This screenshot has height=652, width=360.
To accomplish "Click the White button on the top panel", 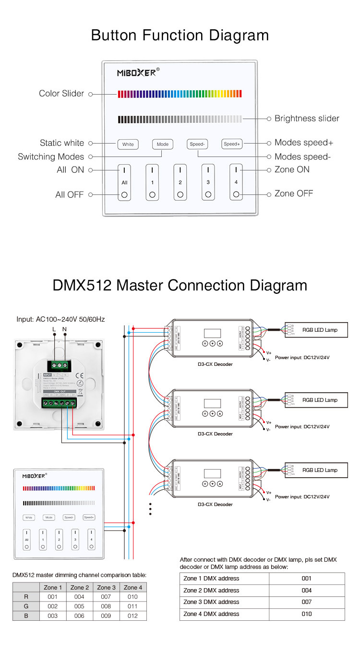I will tap(128, 144).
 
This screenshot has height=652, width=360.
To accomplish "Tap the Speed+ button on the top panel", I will tap(232, 144).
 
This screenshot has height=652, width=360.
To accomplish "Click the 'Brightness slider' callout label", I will tap(307, 118).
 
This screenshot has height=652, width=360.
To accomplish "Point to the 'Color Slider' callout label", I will tap(61, 94).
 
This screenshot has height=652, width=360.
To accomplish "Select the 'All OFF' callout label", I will tap(70, 194).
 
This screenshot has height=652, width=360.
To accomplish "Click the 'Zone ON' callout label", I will tap(292, 169).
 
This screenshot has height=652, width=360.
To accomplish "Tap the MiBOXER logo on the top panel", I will tap(137, 73).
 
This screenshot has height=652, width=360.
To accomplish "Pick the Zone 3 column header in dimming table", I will tap(107, 587).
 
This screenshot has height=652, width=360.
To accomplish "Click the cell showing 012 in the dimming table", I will tap(133, 616).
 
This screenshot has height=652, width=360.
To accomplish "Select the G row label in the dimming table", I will tap(26, 606).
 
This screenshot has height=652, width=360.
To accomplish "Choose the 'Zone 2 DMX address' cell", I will tap(211, 590).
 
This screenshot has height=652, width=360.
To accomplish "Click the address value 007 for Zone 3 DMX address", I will tap(307, 602).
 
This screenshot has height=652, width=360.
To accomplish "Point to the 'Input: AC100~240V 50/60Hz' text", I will tap(60, 319).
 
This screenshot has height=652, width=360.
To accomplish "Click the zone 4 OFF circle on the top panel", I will tap(236, 195).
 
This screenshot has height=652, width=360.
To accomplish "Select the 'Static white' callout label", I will tap(62, 143).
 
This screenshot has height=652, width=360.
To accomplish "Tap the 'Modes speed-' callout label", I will tap(302, 157).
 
